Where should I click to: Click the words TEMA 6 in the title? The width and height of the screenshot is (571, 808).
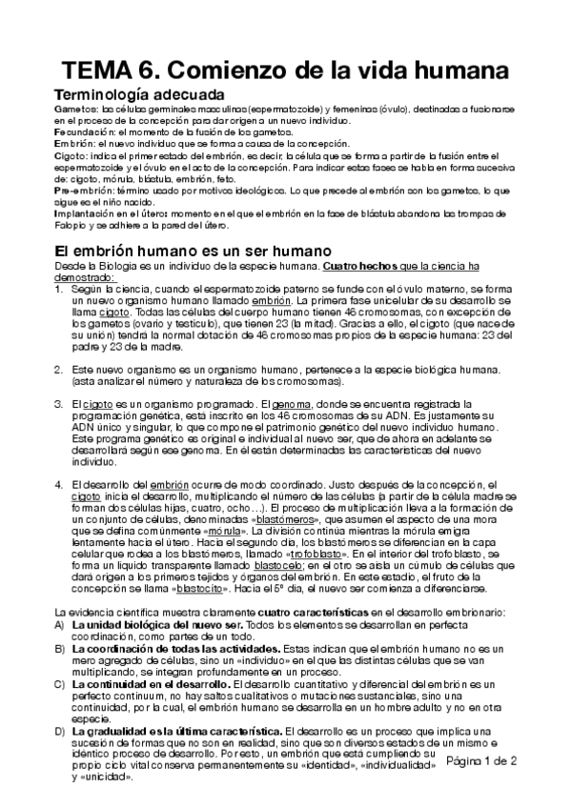pyautogui.click(x=113, y=71)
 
